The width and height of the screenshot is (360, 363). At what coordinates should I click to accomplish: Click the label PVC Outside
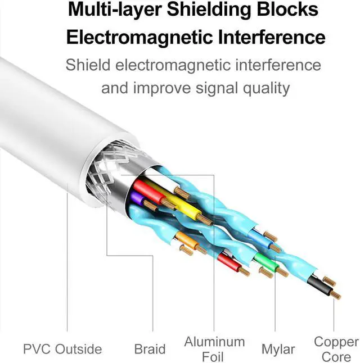tap(62, 349)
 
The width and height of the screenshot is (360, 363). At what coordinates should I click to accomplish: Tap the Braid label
tap(150, 349)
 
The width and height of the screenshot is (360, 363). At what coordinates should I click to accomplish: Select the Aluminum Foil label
tap(214, 348)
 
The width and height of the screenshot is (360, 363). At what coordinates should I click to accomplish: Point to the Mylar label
tap(278, 349)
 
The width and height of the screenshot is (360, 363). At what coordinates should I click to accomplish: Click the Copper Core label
tap(336, 348)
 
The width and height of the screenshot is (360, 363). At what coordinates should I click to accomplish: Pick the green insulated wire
tap(262, 260)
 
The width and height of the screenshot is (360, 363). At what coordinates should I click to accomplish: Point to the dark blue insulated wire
tap(259, 238)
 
